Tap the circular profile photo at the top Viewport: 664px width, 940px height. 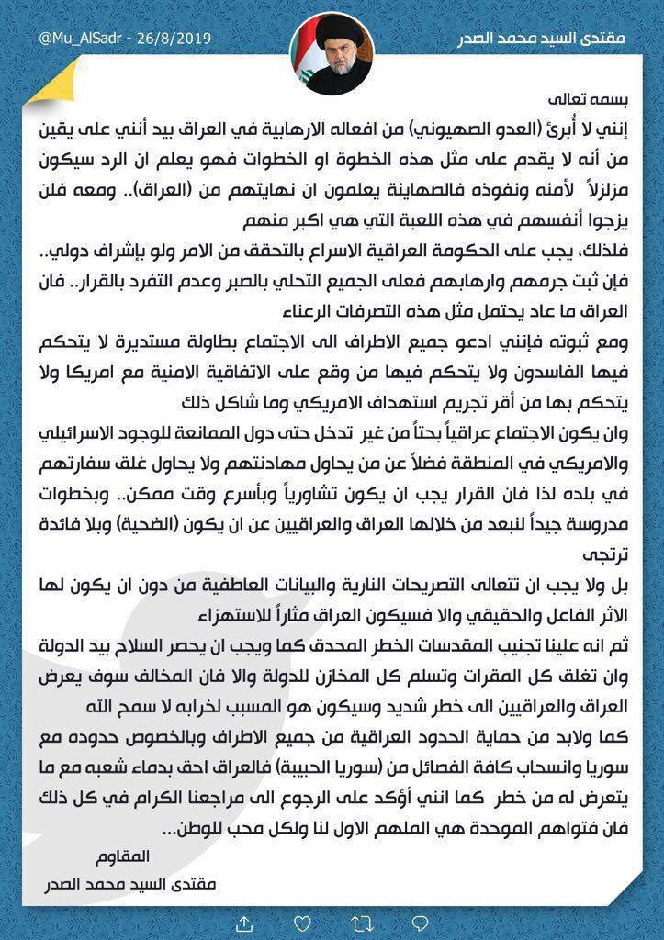332,56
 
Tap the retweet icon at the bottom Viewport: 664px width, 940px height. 332,921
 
